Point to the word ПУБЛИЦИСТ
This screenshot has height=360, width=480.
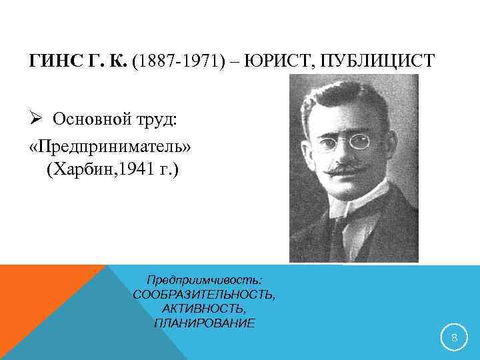coord(378,62)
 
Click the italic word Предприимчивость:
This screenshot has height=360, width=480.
coord(204,281)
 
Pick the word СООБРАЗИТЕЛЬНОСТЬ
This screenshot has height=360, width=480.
coord(204,295)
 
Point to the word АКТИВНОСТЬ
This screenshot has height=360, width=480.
coord(204,309)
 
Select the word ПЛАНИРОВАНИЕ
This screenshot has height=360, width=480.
coord(204,323)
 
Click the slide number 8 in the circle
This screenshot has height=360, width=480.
coord(454,338)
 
